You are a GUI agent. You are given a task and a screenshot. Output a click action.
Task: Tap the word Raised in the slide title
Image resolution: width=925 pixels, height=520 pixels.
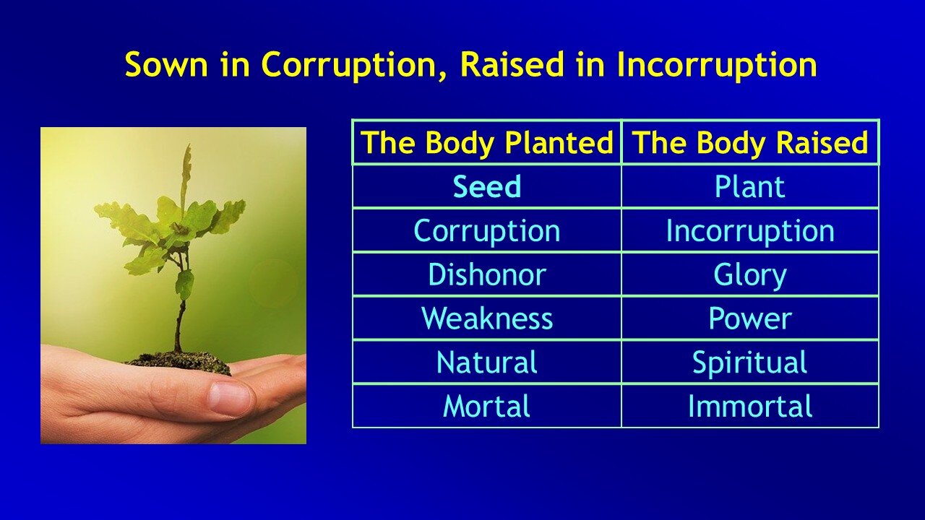coord(512,65)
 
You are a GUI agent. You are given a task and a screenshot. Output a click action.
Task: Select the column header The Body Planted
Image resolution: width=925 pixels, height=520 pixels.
coord(486,143)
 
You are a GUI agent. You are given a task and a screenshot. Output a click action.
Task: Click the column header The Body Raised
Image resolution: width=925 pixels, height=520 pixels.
coord(750,143)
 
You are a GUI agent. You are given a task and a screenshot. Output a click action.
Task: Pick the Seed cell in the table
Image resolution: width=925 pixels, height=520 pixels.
coord(486,187)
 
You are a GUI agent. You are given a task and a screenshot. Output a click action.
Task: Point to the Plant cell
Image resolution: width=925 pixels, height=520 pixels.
coord(750,187)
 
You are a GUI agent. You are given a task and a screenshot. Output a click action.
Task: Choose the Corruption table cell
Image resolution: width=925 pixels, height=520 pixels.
coord(486,231)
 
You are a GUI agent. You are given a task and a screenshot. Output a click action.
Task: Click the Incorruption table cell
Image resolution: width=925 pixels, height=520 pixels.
coord(750,231)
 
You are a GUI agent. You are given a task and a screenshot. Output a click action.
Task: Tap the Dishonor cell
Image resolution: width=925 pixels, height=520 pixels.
coord(486,275)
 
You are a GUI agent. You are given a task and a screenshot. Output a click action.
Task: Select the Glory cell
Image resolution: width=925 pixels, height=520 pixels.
coord(750,275)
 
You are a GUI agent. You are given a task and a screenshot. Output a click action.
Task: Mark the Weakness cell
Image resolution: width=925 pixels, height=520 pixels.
coord(486,318)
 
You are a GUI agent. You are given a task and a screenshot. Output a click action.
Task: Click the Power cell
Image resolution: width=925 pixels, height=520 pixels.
coord(750,318)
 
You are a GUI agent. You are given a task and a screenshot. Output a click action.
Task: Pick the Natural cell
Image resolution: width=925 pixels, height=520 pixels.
coord(486,363)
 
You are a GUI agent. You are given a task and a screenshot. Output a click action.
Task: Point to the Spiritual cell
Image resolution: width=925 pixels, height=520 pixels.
coord(750,363)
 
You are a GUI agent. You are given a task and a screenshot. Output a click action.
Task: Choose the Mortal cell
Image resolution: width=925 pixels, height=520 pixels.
coord(486,407)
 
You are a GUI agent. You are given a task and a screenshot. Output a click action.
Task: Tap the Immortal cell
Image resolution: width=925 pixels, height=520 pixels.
coord(750,407)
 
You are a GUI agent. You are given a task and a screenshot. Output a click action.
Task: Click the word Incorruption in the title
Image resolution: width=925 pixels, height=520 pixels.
coord(716,65)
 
